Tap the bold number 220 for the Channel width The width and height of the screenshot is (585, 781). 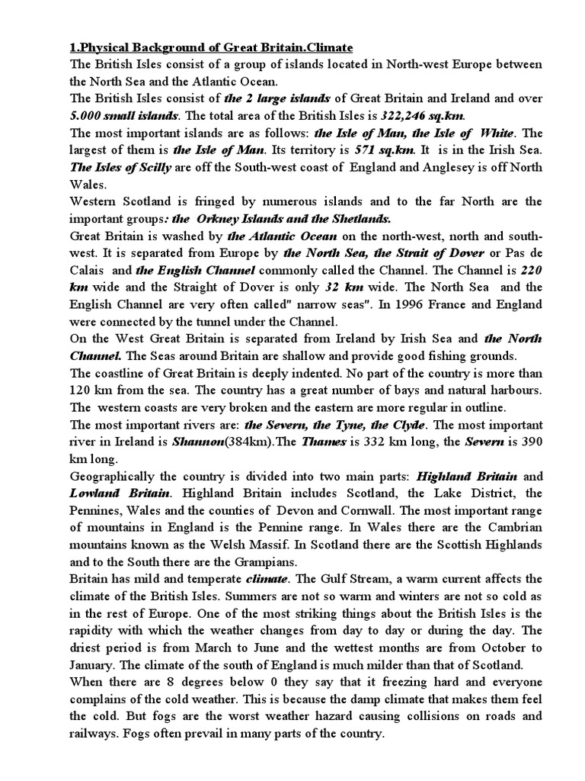pyautogui.click(x=530, y=268)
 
